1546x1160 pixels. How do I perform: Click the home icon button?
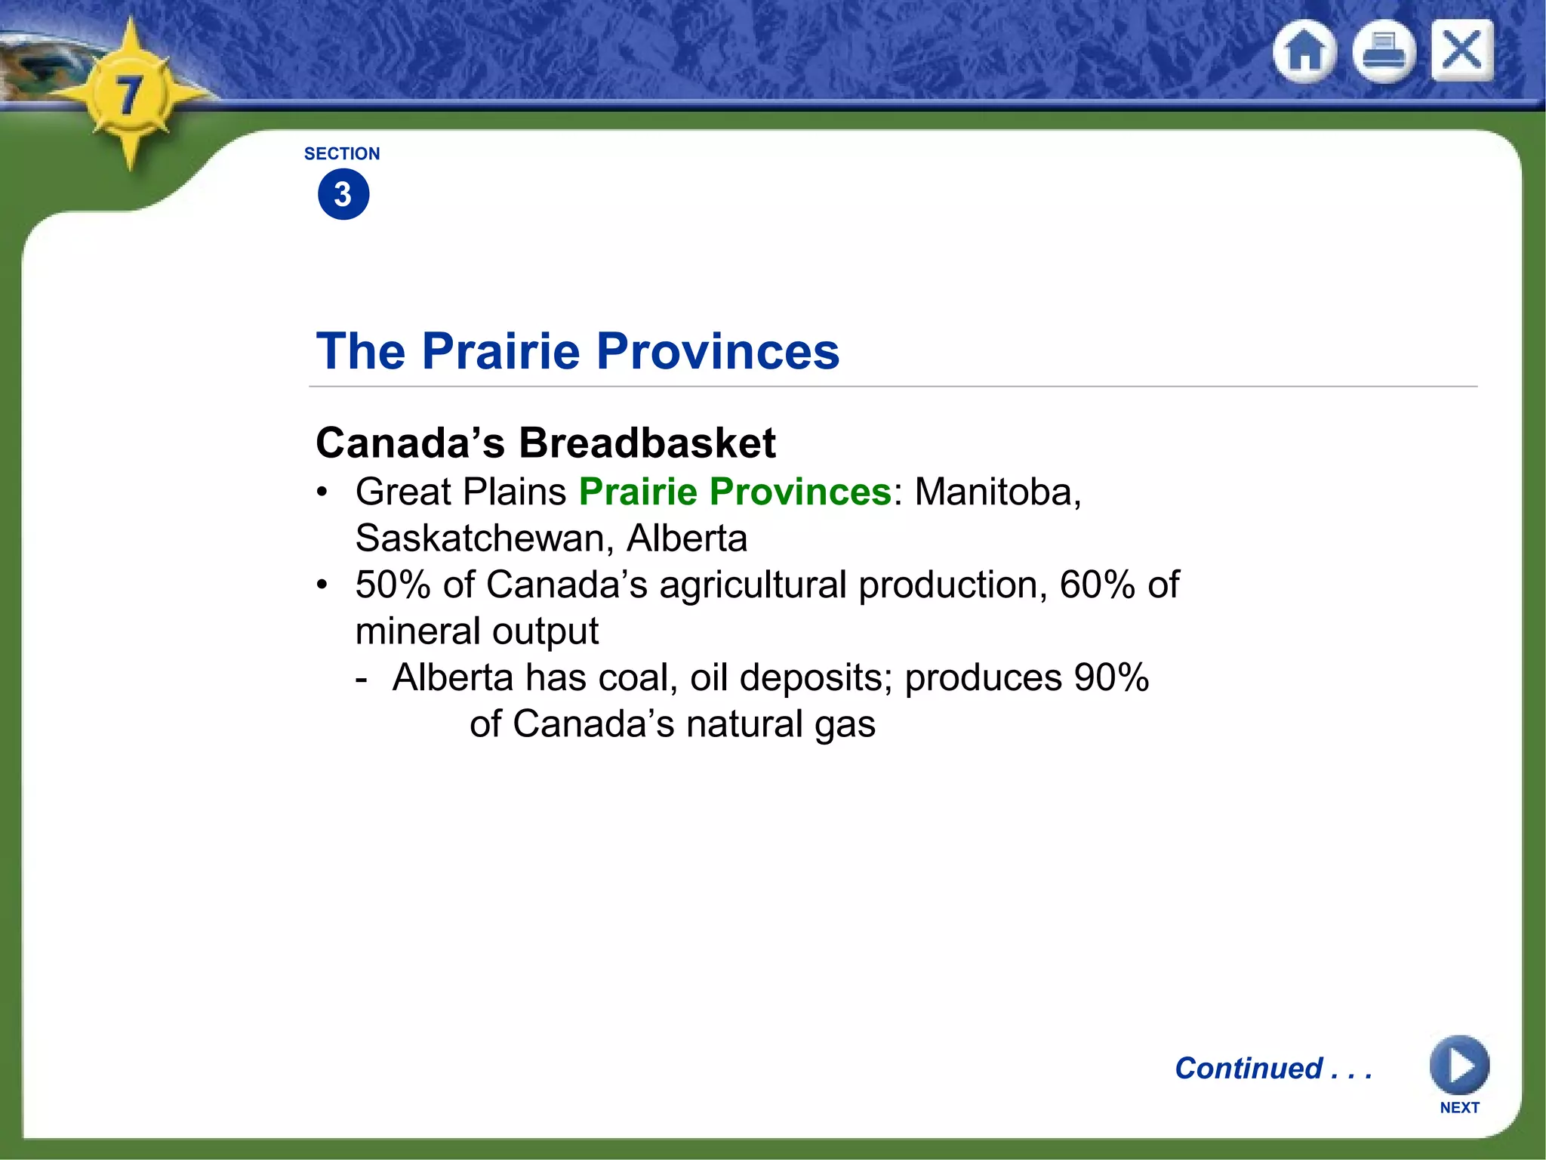pos(1304,51)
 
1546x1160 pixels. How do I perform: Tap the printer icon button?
pos(1384,51)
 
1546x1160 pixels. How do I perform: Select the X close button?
pos(1462,51)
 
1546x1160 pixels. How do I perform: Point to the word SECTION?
pos(342,154)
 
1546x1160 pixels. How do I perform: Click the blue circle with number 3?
pos(343,195)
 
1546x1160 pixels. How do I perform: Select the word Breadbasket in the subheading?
pos(647,443)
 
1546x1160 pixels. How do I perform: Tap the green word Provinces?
pos(801,492)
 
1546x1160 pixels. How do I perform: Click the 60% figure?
pos(1097,585)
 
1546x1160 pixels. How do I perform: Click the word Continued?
pos(1249,1069)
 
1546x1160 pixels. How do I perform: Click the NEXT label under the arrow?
pos(1459,1108)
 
